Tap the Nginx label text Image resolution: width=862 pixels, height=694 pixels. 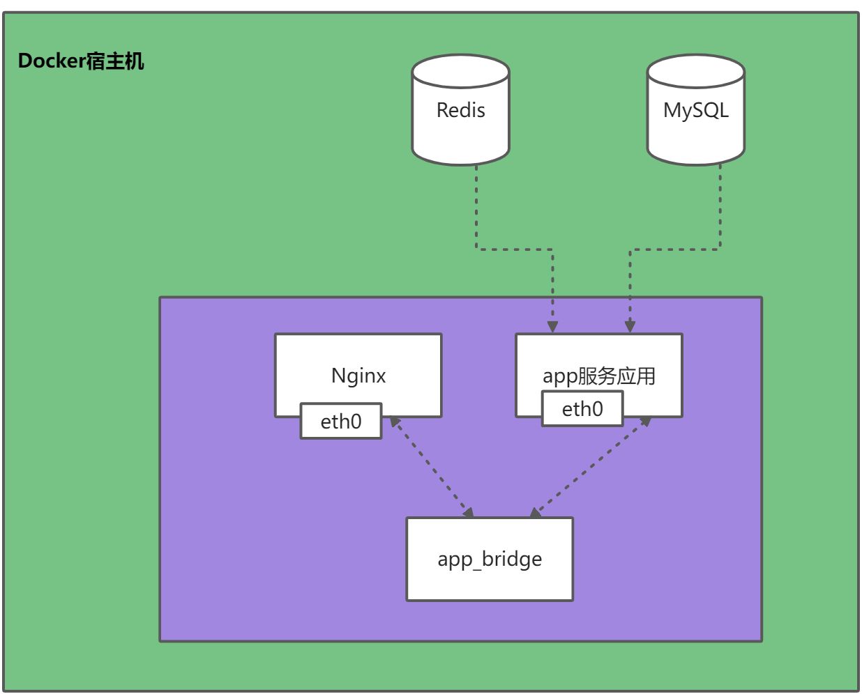point(358,376)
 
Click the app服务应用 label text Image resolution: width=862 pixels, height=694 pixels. point(599,376)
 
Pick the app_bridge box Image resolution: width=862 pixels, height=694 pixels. point(490,559)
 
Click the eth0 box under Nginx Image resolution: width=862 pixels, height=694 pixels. point(341,421)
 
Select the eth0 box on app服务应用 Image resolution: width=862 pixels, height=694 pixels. point(582,408)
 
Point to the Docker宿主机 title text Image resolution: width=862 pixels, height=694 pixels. point(81,61)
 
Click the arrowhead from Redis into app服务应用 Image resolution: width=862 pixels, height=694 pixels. point(552,326)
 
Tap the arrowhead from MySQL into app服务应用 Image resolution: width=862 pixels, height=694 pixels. point(630,326)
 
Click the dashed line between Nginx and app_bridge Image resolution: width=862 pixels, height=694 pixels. point(431,467)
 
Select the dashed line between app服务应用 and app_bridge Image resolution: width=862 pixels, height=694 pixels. point(589,467)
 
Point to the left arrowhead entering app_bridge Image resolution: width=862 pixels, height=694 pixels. point(468,512)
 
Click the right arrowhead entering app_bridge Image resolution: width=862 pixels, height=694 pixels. point(535,513)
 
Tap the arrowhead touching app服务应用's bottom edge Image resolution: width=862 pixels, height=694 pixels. point(645,422)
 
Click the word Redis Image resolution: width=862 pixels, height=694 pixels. point(460,110)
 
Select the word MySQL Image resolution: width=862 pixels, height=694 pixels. point(695,110)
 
